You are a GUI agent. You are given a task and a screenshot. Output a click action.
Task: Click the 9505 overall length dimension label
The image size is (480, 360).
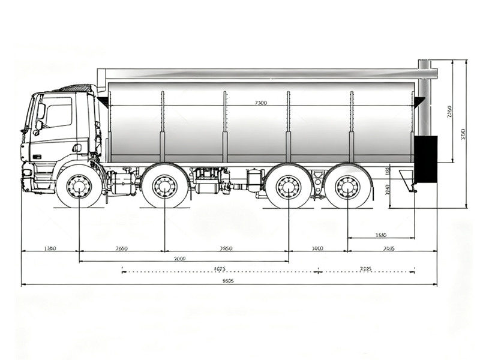(x=227, y=280)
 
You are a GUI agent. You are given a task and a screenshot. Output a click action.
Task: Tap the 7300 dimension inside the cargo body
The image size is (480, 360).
(x=260, y=103)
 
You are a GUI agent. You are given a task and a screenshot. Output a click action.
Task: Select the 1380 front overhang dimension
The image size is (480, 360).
(x=50, y=248)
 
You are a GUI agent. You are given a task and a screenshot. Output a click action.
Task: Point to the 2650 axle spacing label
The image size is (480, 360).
(x=121, y=248)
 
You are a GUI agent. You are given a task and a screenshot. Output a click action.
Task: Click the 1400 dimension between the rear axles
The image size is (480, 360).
(x=317, y=248)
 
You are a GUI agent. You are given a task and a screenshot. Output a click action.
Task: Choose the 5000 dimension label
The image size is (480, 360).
(x=179, y=259)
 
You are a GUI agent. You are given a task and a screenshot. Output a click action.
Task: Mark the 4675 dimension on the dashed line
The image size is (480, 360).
(x=219, y=269)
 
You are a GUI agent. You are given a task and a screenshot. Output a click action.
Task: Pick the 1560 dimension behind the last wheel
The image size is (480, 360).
(x=380, y=235)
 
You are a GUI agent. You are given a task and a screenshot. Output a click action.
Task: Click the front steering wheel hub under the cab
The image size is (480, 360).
(x=79, y=187)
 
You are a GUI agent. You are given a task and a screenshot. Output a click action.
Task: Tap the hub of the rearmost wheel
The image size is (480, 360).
(x=347, y=187)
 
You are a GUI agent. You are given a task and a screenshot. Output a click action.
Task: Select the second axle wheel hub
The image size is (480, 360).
(x=164, y=187)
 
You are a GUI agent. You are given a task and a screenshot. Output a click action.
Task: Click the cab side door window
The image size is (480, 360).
(x=59, y=116)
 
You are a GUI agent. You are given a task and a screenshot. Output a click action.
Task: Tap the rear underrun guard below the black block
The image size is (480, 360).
(x=409, y=181)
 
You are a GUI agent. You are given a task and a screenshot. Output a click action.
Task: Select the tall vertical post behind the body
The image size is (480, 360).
(x=424, y=99)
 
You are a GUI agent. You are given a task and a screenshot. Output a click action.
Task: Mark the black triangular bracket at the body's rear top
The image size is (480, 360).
(x=418, y=101)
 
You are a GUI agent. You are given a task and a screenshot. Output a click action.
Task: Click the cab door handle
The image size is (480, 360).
(x=76, y=147)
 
